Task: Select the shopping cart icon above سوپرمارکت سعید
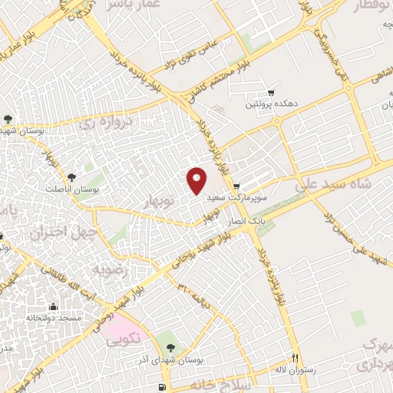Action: point(236,186)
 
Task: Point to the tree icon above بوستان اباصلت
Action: point(72,177)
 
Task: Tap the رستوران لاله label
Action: point(293,369)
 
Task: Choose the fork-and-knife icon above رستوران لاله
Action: point(294,358)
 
